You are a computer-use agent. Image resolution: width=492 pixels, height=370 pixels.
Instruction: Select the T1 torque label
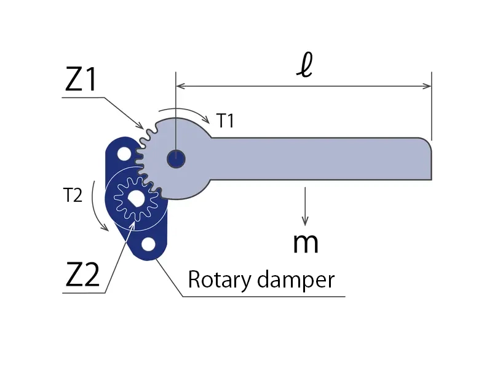(225, 121)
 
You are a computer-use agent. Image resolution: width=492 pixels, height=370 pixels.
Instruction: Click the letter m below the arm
(305, 243)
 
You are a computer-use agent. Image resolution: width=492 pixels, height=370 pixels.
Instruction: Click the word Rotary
(218, 280)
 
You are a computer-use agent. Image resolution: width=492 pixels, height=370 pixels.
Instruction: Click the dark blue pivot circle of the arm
(177, 159)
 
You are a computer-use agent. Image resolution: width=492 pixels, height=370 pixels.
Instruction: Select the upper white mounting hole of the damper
(124, 152)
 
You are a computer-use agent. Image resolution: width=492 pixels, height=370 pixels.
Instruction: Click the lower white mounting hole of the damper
(148, 244)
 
